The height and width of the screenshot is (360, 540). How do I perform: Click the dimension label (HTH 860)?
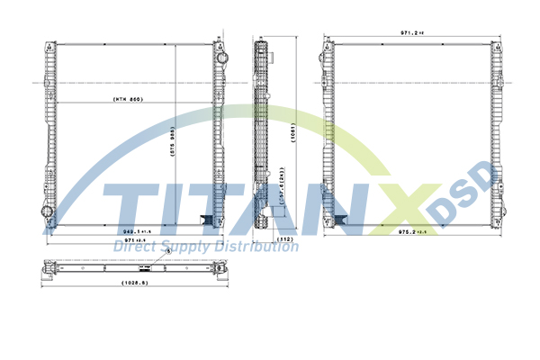point(129,98)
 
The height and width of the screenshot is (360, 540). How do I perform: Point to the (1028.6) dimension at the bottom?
point(134,284)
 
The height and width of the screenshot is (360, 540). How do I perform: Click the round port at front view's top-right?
point(217,54)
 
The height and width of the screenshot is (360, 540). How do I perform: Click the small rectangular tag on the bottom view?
point(140,267)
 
